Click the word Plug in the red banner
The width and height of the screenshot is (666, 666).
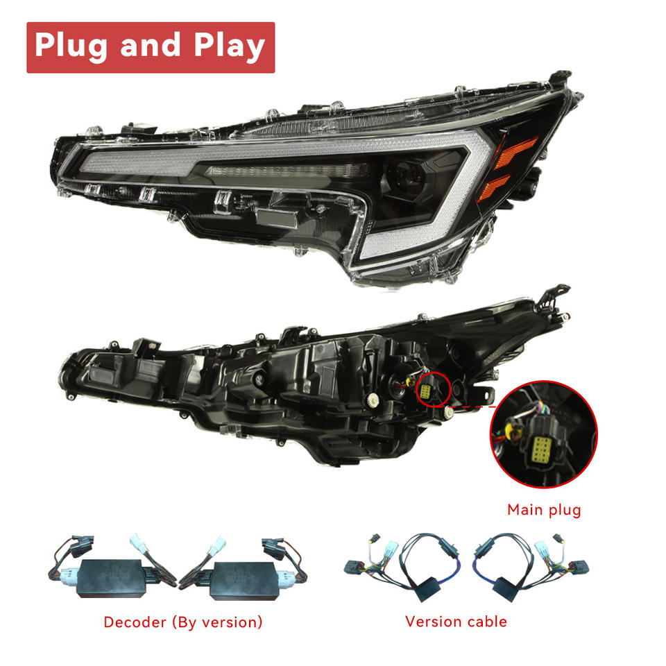coord(71,46)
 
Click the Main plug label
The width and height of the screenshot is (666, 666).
coord(544,510)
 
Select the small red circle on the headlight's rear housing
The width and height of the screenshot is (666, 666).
coord(432,390)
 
